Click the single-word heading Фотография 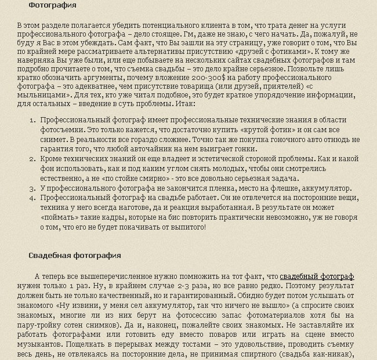(x=52, y=5)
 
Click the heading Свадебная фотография (x=75, y=256)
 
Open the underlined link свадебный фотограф (x=317, y=277)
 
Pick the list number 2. (x=32, y=159)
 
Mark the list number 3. (x=32, y=188)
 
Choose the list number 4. (x=32, y=198)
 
